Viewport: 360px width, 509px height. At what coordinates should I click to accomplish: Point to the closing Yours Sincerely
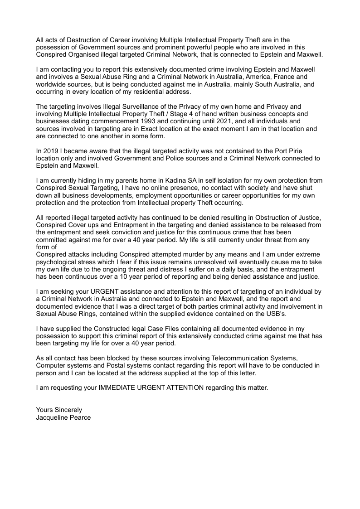pos(59,410)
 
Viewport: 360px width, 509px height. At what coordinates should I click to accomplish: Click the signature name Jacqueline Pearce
pos(63,417)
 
